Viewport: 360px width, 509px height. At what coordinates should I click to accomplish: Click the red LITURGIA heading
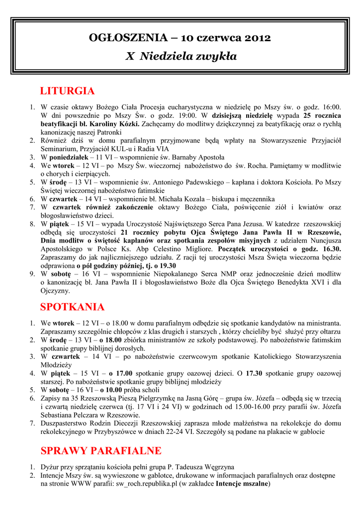[67, 91]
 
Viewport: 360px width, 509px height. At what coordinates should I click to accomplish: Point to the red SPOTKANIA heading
[72, 307]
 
